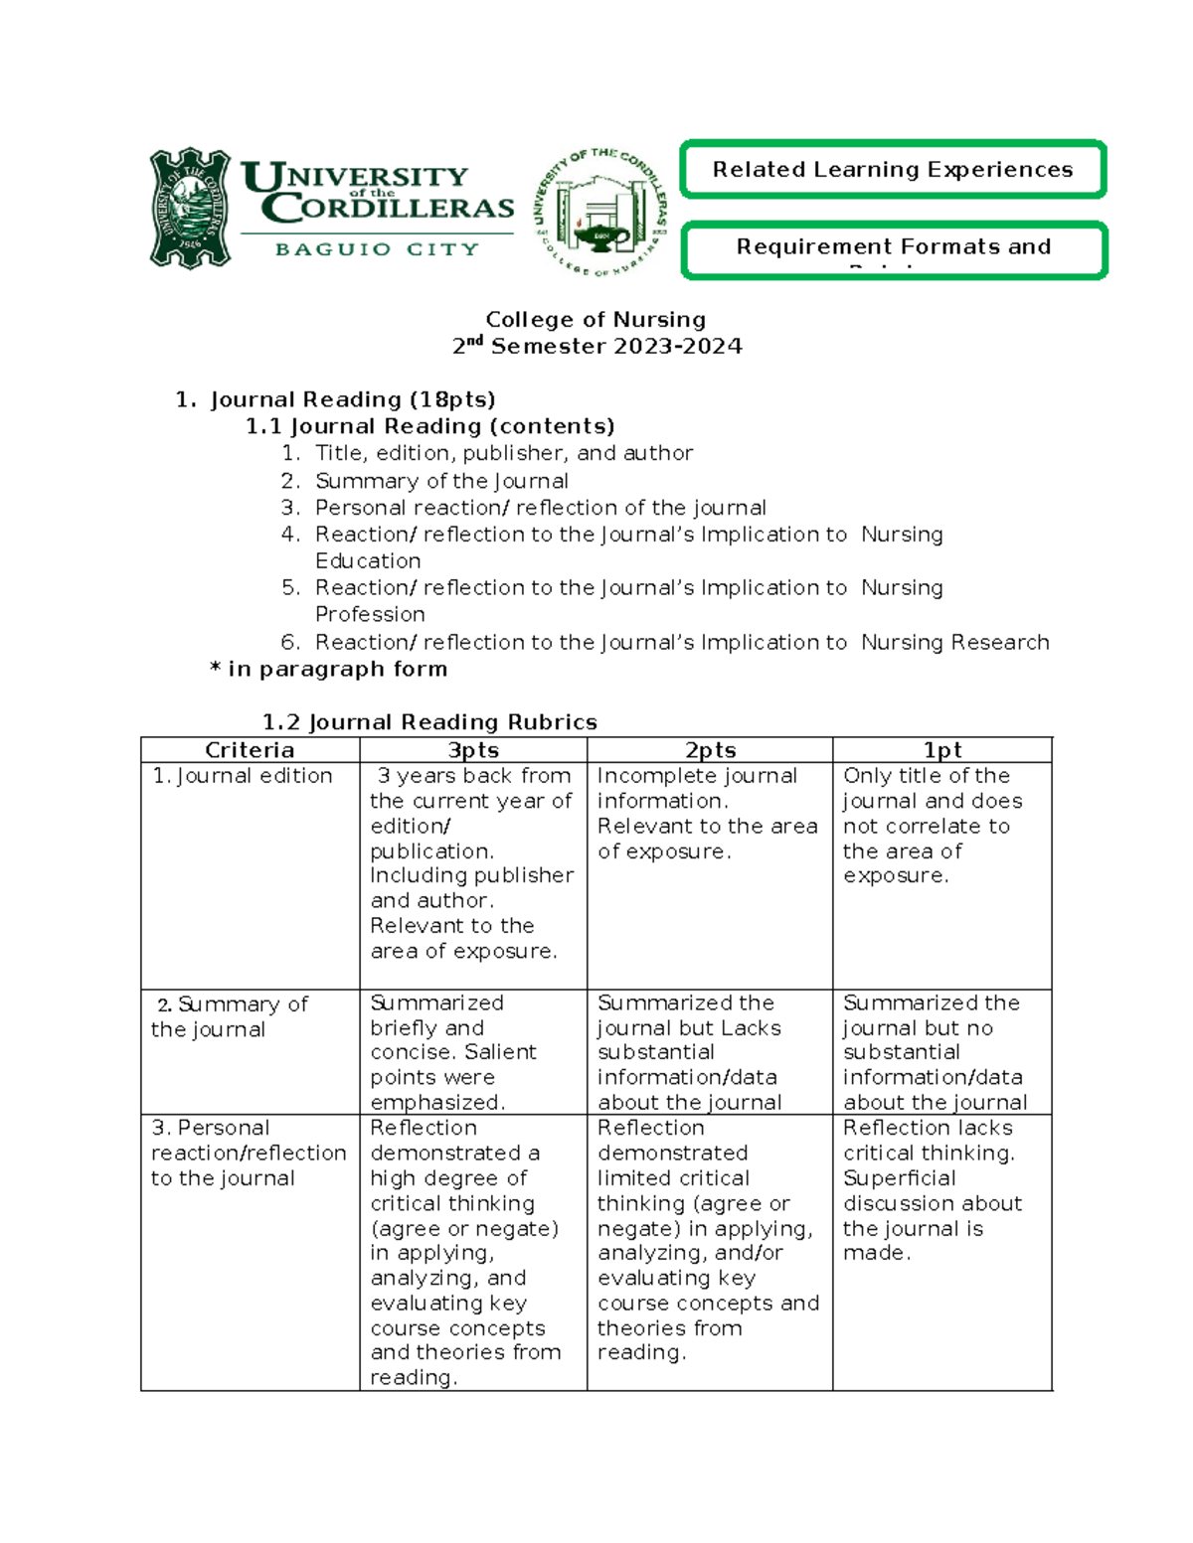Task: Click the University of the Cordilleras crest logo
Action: tap(190, 209)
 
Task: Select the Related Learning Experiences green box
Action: tap(893, 170)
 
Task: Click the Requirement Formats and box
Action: tap(893, 248)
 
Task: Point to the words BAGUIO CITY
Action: tap(377, 249)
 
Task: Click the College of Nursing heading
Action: tap(596, 320)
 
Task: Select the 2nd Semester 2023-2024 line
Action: tap(596, 347)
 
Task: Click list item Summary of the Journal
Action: tap(441, 481)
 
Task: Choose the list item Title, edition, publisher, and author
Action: tap(503, 453)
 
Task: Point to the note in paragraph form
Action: tap(329, 669)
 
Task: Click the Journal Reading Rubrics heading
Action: tap(429, 722)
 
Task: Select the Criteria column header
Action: tap(250, 750)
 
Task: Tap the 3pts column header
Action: tap(473, 750)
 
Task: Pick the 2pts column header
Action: tap(710, 750)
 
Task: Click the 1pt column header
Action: tap(941, 750)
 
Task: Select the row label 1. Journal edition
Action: tap(243, 776)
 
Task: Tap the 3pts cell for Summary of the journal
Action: tap(453, 1052)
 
